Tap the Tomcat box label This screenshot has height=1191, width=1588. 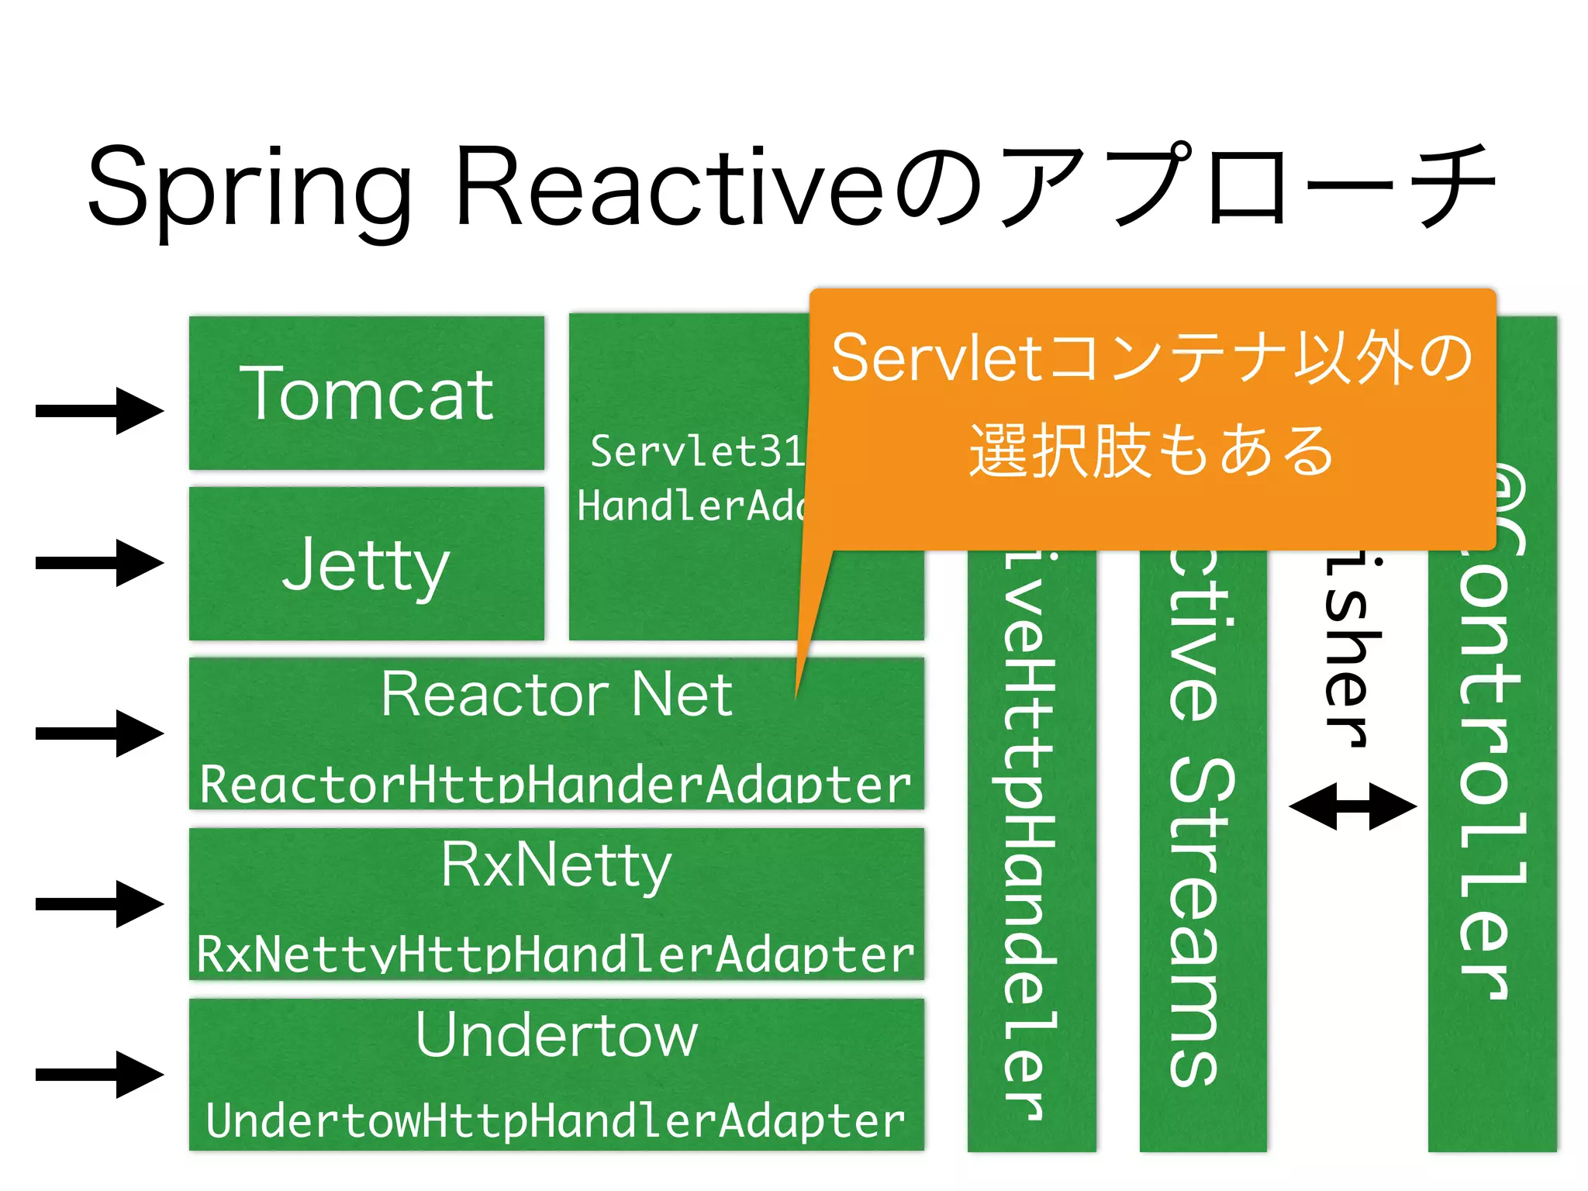tap(367, 395)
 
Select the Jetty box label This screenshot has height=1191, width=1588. tap(365, 565)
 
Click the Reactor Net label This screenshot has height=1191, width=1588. tap(556, 694)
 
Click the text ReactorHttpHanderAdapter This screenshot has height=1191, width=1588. tap(556, 785)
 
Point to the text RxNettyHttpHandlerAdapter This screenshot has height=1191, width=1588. tap(556, 954)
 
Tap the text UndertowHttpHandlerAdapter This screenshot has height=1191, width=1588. tap(556, 1121)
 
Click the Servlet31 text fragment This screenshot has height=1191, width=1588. tap(696, 451)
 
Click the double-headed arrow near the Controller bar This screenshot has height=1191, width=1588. tap(1352, 806)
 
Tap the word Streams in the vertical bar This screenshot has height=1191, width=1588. tap(1202, 923)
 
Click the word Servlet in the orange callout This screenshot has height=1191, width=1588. tap(937, 358)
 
